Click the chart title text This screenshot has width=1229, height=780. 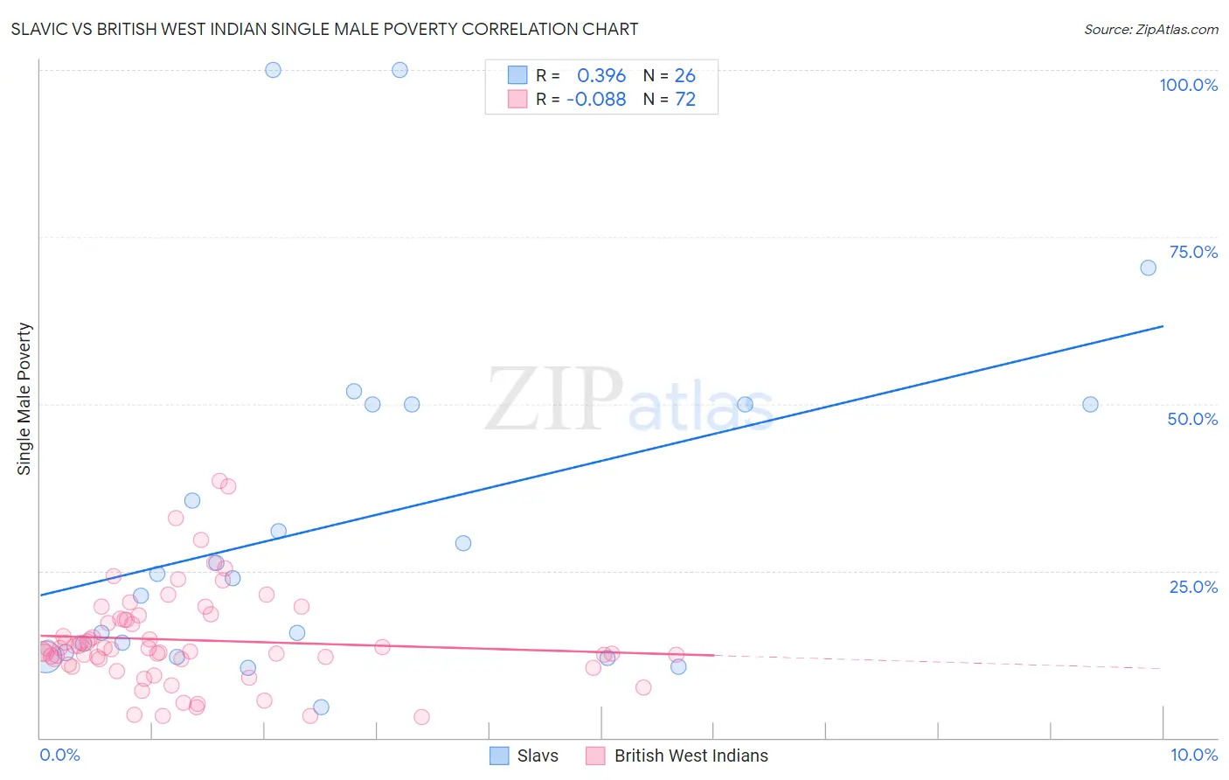coord(324,29)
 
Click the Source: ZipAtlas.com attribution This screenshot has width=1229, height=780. coord(1150,29)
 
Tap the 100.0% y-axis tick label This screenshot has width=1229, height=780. coord(1188,85)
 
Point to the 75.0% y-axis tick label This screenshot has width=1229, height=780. coord(1193,252)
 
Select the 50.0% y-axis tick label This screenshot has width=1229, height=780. coord(1192,419)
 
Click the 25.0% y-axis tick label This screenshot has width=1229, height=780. coord(1193,587)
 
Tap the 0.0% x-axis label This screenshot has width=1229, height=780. coord(59,755)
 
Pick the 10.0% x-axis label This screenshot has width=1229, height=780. coord(1194,755)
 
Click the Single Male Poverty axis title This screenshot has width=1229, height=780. coord(24,399)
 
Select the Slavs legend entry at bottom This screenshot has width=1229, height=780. coord(524,756)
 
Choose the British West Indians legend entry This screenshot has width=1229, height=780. coord(677,756)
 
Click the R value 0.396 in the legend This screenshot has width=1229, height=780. coord(601,76)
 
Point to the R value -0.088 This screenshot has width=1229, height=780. coord(596,100)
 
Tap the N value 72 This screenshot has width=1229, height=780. coord(685,100)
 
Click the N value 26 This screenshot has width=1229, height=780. coord(685,76)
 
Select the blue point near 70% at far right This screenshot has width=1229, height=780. coord(1148,268)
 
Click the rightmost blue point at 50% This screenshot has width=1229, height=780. coord(1090,404)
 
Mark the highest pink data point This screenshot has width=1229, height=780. coord(219,481)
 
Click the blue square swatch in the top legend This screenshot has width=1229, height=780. coord(517,75)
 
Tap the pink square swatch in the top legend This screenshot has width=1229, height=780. coord(517,99)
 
